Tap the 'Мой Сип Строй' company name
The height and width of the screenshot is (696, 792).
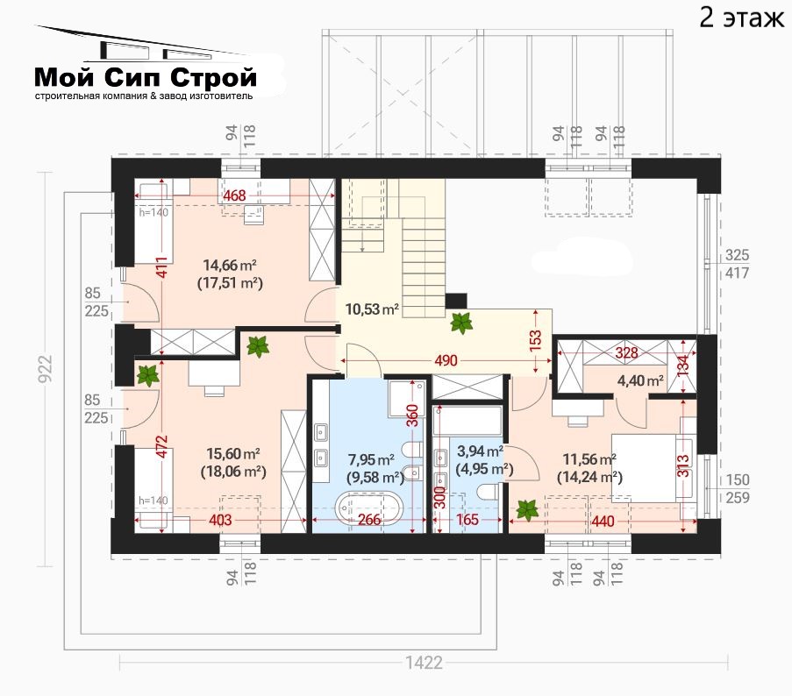(x=146, y=77)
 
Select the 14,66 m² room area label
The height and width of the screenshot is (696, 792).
(x=230, y=265)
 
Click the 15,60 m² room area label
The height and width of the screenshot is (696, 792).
(x=233, y=453)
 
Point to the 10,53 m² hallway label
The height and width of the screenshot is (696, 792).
(x=372, y=309)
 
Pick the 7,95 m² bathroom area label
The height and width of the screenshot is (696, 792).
(x=371, y=459)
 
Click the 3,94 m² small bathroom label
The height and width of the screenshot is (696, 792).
(x=480, y=451)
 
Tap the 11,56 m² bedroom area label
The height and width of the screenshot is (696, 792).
(x=589, y=459)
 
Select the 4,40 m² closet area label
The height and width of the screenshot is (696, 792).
(x=640, y=380)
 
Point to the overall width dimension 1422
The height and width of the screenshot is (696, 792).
(x=424, y=663)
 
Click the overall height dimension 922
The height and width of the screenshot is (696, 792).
(x=45, y=368)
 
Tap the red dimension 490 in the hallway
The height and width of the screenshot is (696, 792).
(x=446, y=360)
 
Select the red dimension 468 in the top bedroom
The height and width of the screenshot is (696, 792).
(x=234, y=195)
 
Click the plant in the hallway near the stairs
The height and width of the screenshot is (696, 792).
(x=461, y=323)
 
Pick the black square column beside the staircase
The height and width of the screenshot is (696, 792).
(x=455, y=302)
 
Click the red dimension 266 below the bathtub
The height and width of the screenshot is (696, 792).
(x=369, y=519)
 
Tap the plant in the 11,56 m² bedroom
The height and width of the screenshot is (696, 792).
(x=527, y=510)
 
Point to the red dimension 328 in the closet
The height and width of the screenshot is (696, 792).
(x=626, y=352)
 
